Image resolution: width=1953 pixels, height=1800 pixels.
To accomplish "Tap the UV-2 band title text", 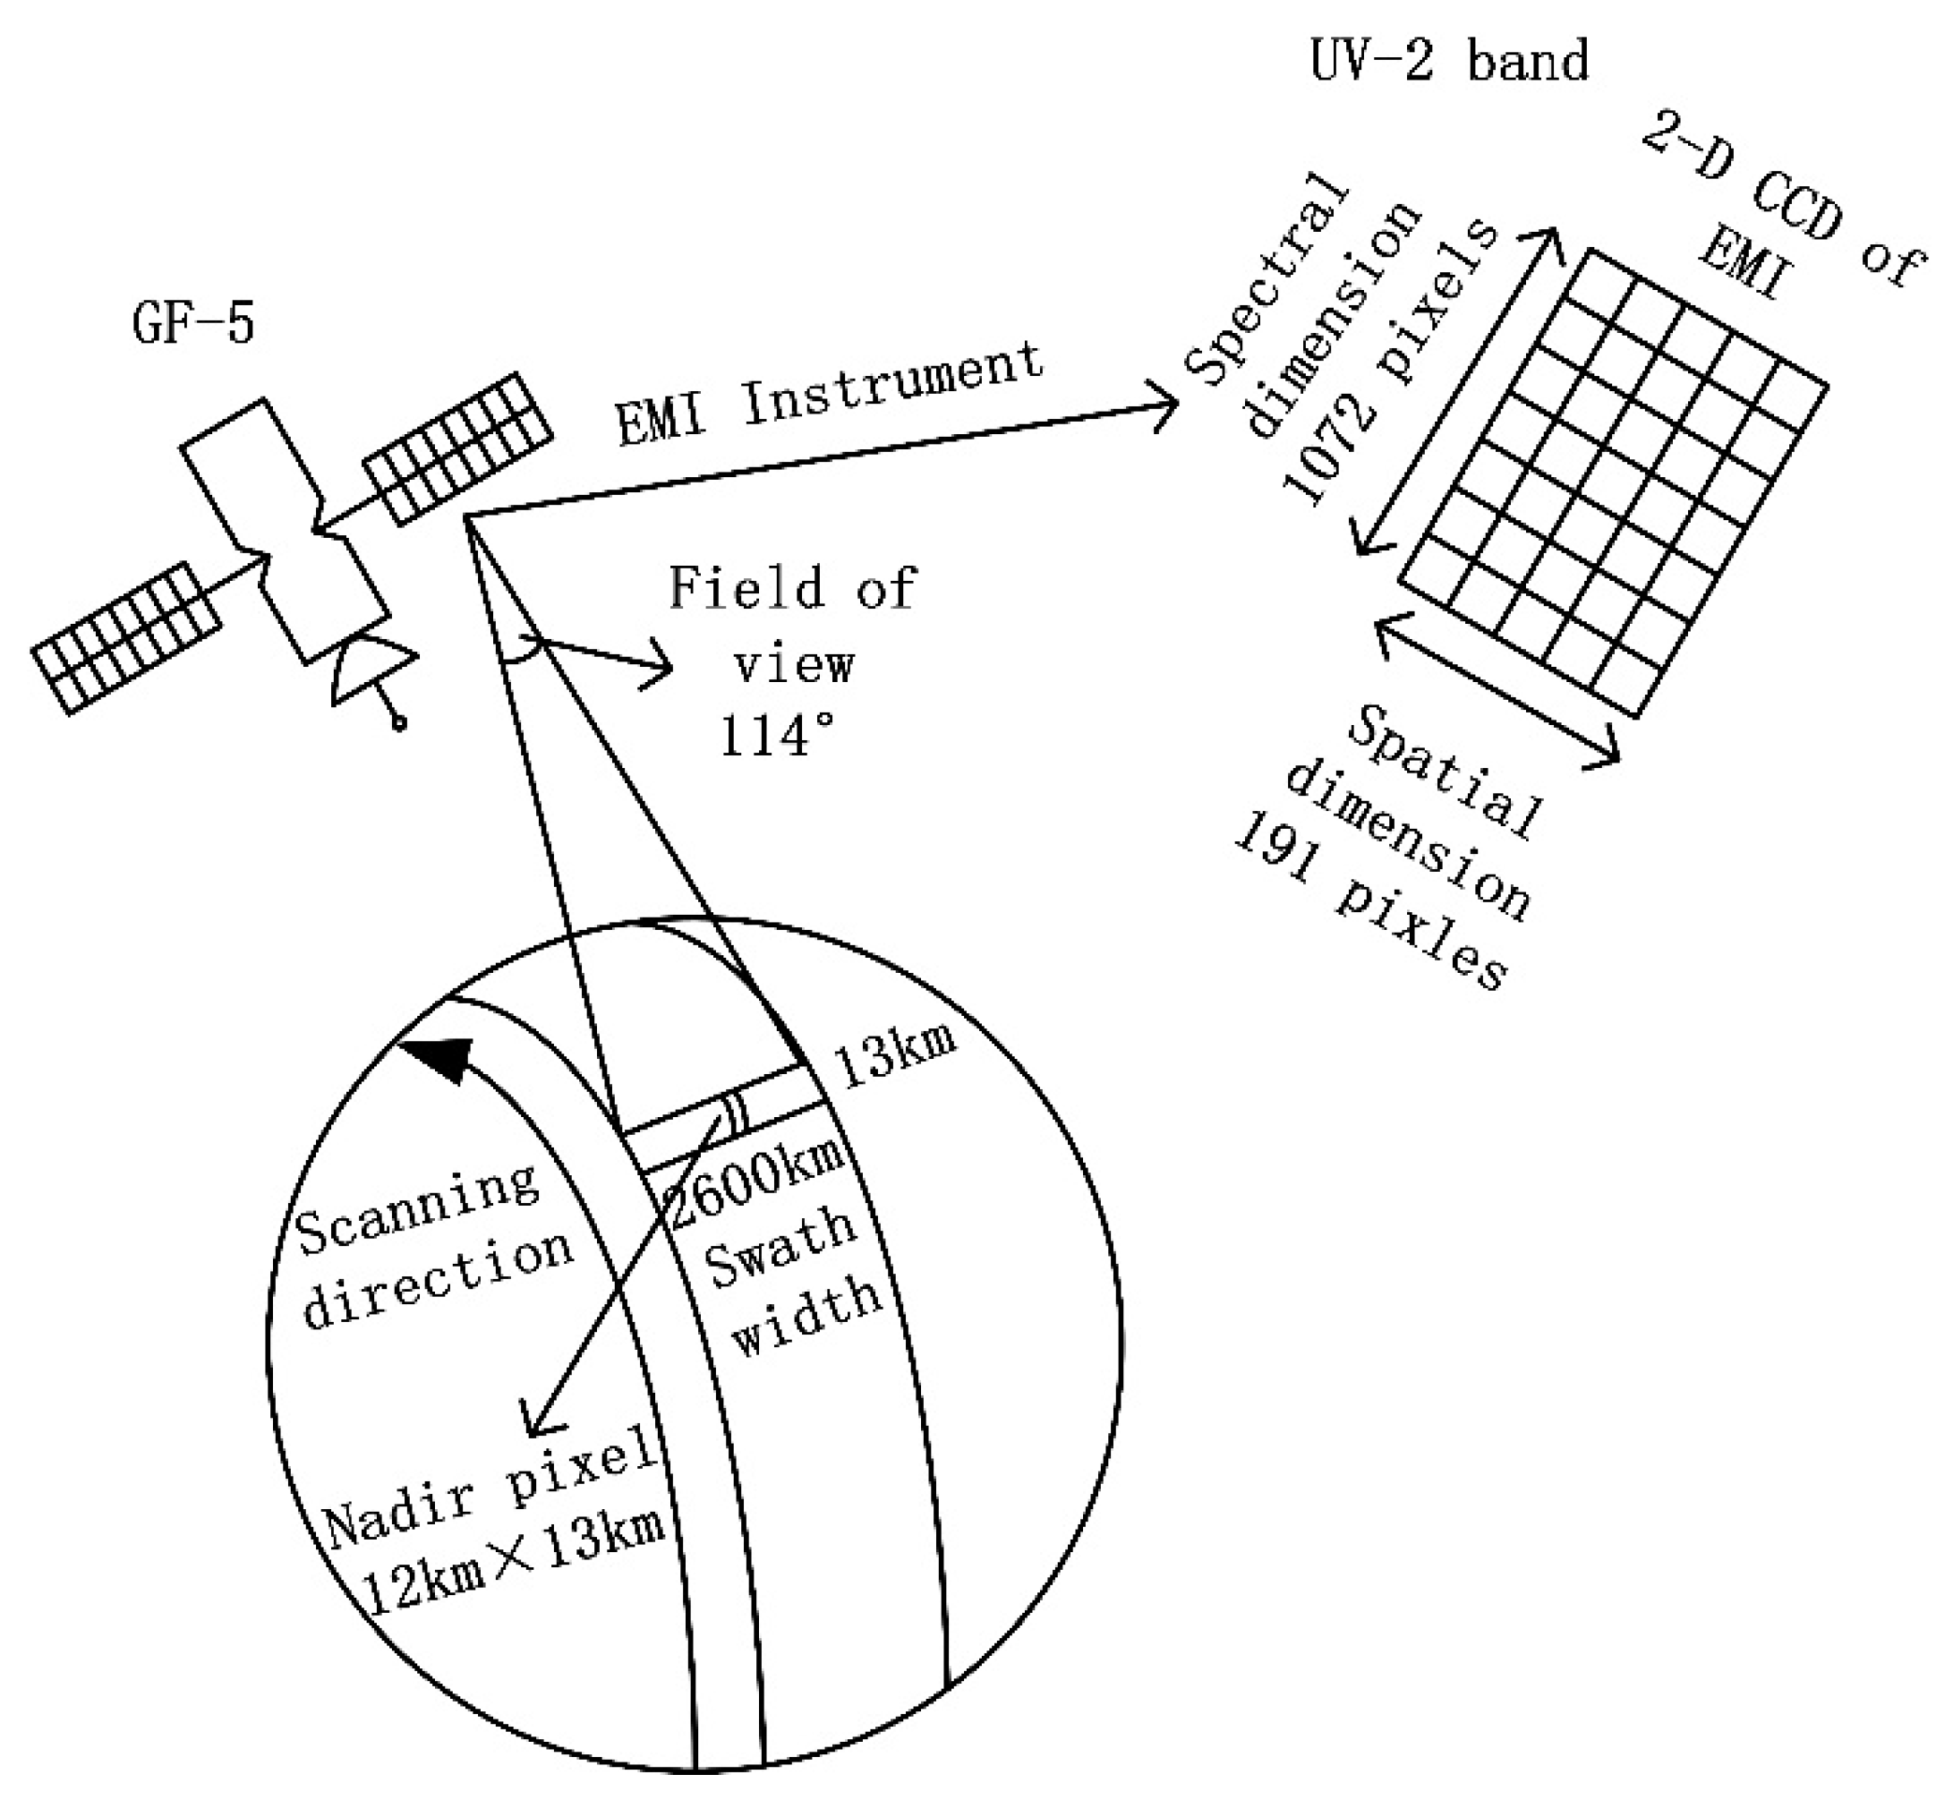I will [1449, 60].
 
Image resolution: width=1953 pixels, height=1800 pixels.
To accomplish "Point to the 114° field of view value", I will [776, 738].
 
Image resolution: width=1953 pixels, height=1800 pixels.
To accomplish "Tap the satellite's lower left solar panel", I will [124, 638].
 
